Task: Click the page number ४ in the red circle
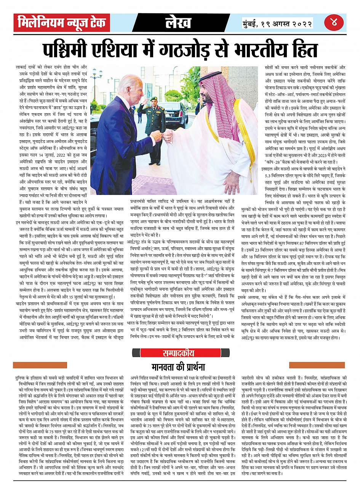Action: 334,22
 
